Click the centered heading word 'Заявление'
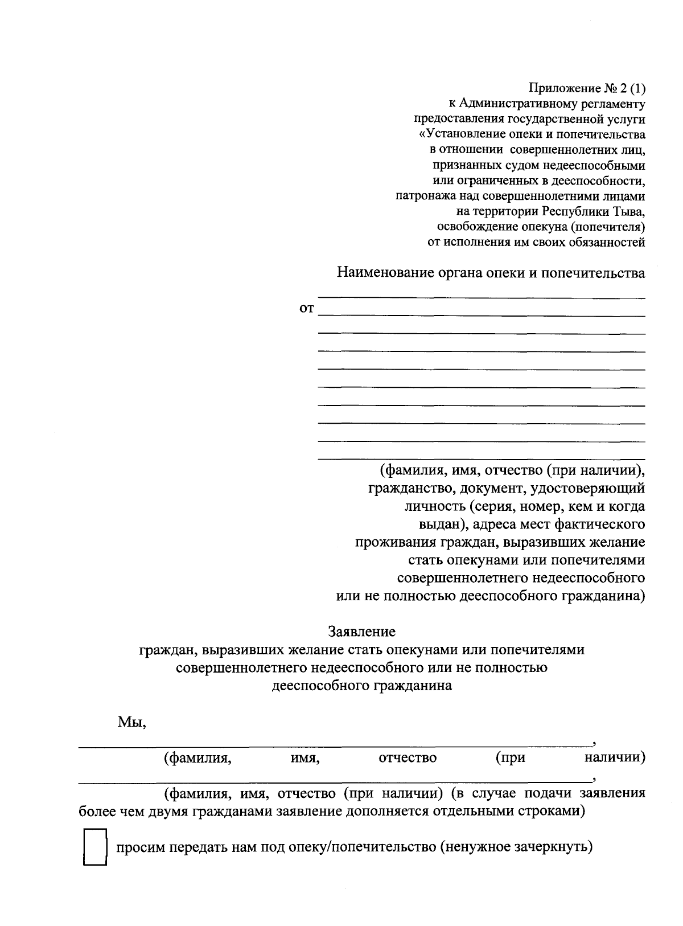coord(361,632)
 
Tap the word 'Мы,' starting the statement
coord(132,722)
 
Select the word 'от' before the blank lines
coord(306,309)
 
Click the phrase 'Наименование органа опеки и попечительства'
coord(491,273)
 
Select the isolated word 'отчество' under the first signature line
coord(408,758)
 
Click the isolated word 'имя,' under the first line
coord(301,758)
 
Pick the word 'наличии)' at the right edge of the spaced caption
coord(614,758)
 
